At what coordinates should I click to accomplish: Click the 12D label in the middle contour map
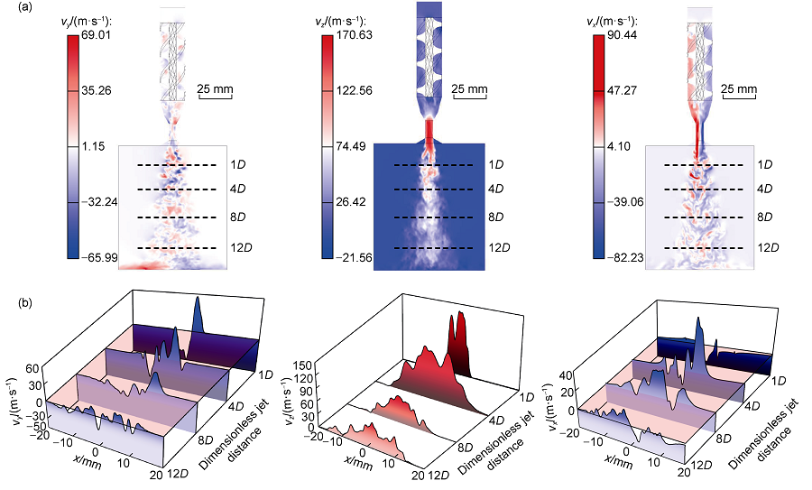click(x=500, y=247)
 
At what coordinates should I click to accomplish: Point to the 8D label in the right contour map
click(x=765, y=217)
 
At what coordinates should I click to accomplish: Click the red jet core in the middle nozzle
click(x=429, y=133)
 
